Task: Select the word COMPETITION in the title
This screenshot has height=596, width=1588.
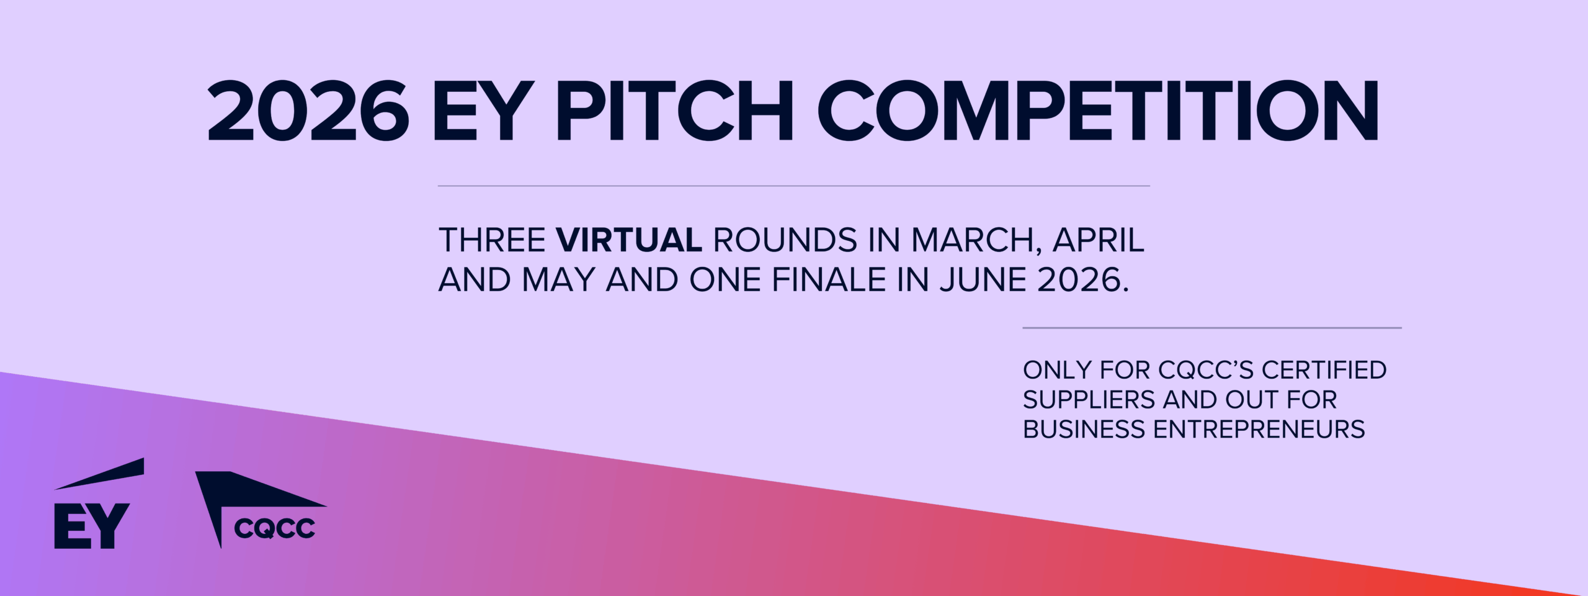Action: point(1098,112)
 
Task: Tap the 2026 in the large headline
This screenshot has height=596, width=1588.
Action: point(308,112)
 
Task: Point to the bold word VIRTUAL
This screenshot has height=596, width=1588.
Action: point(629,240)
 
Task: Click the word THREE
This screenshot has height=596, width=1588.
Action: point(492,240)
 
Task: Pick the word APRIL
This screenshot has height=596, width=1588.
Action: point(1099,240)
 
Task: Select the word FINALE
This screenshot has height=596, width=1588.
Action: point(829,280)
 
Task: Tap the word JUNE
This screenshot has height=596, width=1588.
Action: point(982,280)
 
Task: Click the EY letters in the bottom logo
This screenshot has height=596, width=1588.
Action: point(92,526)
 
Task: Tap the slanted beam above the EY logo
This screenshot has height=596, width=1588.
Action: point(99,474)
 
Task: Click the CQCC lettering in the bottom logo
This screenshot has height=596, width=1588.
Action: point(275,528)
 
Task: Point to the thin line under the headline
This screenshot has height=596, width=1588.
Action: point(794,186)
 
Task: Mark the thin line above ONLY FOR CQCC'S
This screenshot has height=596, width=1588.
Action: point(1212,327)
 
